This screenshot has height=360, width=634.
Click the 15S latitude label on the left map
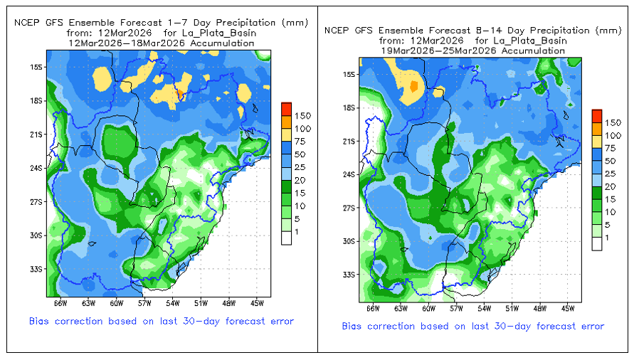click(x=36, y=67)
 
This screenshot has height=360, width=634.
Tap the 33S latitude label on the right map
click(x=349, y=274)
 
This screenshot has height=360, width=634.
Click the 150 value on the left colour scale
click(x=303, y=115)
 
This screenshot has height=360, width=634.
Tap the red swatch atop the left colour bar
click(x=287, y=108)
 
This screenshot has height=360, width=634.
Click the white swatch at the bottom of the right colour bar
click(x=598, y=244)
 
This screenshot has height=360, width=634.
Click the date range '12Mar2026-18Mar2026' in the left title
click(x=161, y=43)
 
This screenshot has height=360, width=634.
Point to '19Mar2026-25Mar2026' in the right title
click(x=470, y=51)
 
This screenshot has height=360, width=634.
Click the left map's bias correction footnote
click(x=162, y=322)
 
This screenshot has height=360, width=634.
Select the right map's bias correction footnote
click(x=472, y=327)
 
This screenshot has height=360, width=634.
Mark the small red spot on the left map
click(x=180, y=94)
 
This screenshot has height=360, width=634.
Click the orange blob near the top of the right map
click(x=412, y=86)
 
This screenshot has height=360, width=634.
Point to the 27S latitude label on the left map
click(x=36, y=201)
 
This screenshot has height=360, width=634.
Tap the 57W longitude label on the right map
click(x=456, y=309)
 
